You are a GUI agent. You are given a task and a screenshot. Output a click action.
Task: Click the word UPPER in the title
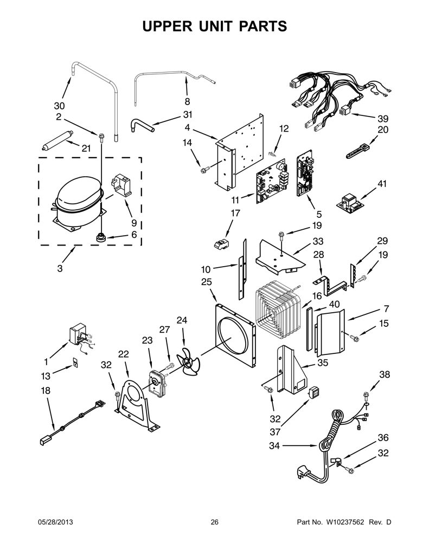[167, 27]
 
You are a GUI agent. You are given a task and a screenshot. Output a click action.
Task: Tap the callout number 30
[60, 106]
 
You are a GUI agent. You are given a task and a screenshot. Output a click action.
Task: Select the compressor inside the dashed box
[79, 203]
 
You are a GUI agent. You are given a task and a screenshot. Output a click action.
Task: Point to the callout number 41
[382, 184]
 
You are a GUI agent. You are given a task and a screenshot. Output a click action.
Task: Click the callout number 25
[206, 282]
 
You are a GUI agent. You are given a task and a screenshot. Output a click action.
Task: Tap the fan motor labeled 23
[157, 383]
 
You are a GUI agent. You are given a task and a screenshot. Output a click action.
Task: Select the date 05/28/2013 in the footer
[55, 522]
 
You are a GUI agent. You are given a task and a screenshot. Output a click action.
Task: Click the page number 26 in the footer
[214, 522]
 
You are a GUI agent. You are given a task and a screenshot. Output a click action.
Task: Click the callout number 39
[382, 118]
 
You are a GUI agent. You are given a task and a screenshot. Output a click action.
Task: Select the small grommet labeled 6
[101, 237]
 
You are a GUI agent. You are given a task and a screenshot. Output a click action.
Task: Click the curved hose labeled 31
[143, 125]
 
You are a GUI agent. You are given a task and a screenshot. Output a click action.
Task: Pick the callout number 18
[46, 390]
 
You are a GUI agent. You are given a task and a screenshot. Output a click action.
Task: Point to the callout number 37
[275, 432]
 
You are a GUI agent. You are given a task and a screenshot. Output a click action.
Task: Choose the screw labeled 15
[355, 339]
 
